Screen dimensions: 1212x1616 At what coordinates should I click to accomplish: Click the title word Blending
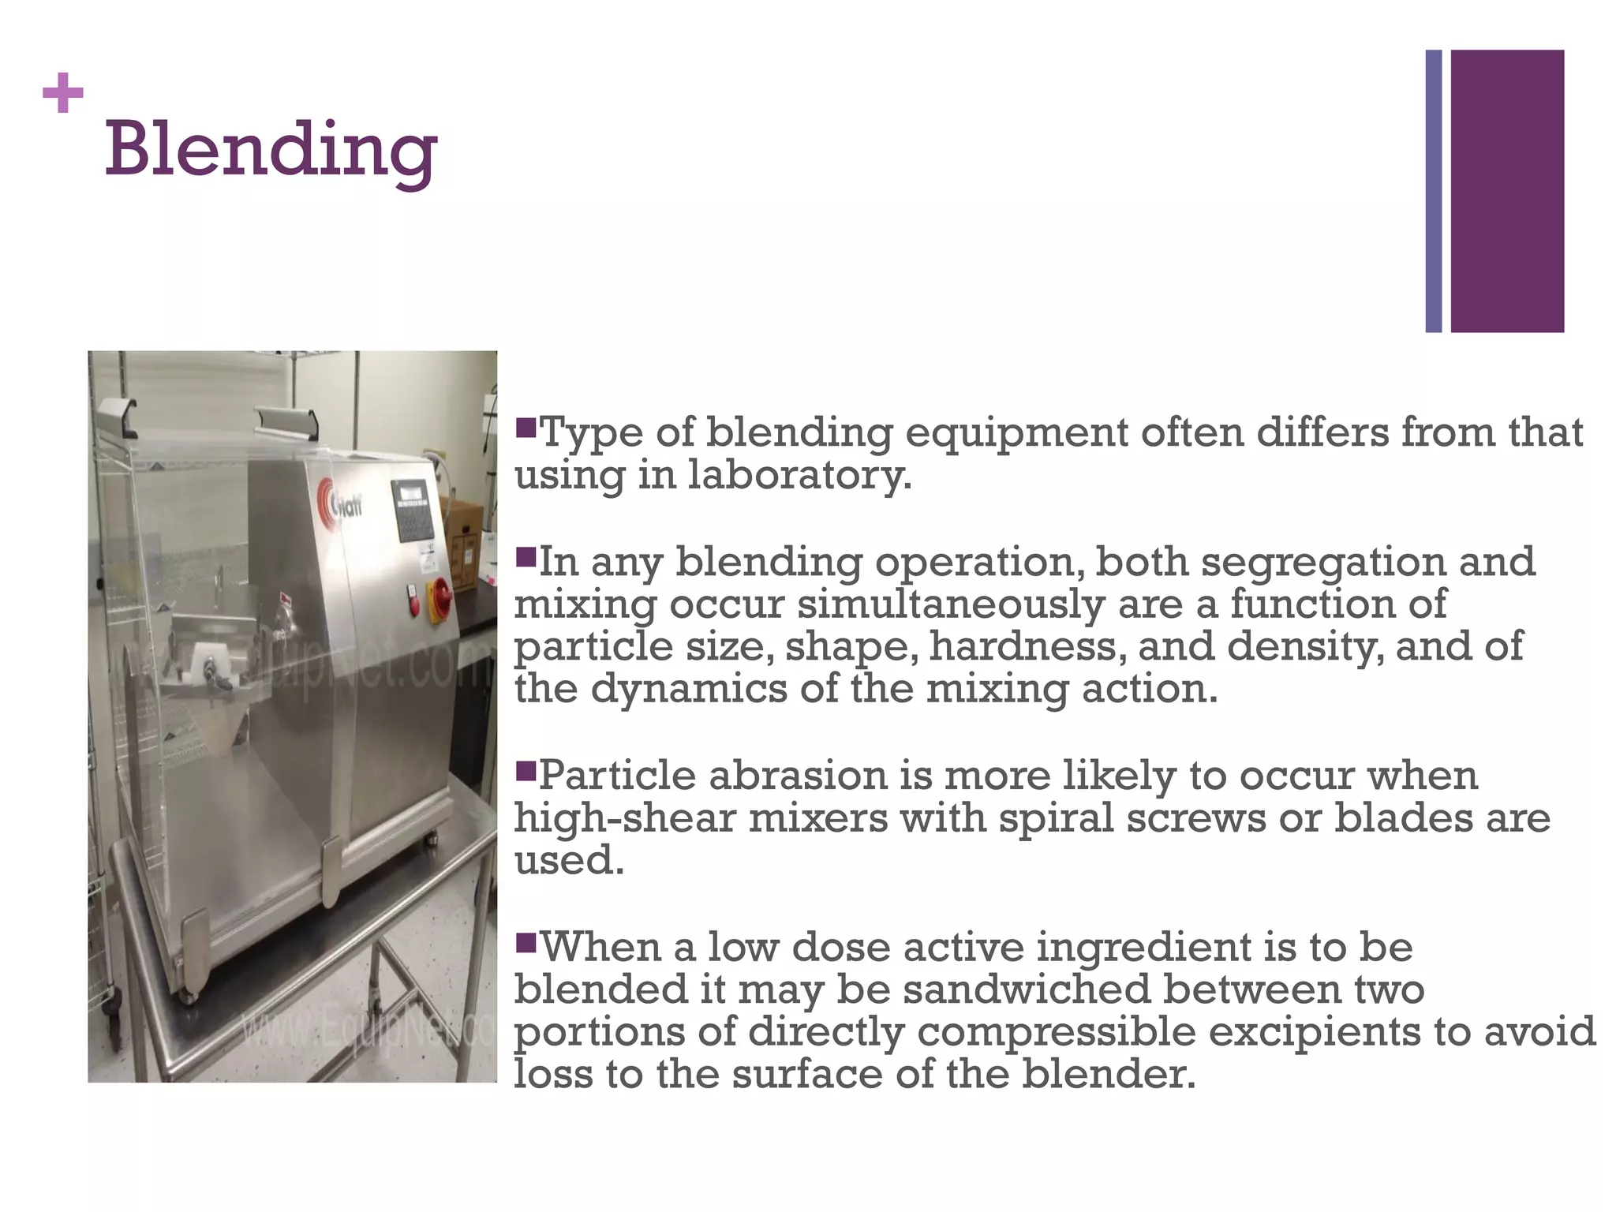271,150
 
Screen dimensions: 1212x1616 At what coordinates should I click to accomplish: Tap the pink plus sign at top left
63,95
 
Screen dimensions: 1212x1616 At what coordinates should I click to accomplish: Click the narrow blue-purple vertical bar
1433,191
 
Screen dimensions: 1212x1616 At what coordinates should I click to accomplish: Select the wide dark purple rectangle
1507,191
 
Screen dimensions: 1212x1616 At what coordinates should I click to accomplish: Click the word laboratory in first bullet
799,476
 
